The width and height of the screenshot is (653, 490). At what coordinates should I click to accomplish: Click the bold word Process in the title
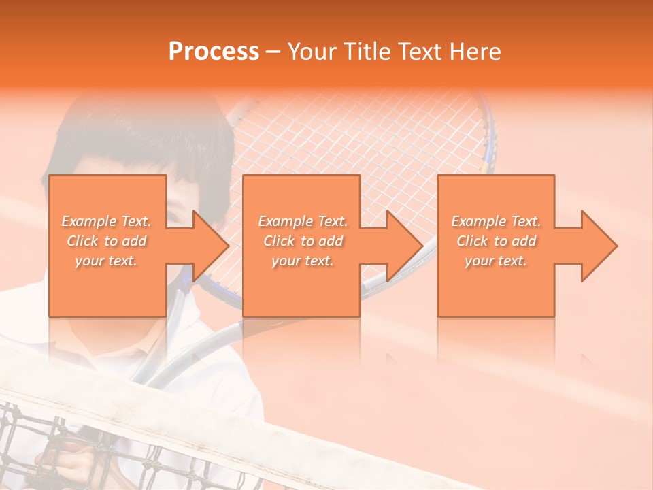pos(214,52)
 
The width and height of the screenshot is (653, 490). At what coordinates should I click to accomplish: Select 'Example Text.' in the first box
pos(106,221)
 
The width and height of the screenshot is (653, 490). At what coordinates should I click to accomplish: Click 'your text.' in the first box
pos(106,261)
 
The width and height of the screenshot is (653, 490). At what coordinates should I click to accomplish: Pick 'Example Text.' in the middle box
pos(303,221)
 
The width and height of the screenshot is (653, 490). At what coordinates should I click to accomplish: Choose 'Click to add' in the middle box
pos(303,241)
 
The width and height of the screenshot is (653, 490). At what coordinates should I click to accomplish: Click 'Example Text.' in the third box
pos(496,221)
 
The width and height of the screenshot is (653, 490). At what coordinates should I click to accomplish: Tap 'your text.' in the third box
pos(496,261)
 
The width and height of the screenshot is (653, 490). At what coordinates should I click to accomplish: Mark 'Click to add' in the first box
pos(106,241)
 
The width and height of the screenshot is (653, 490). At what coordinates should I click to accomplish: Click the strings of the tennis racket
pos(354,150)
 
